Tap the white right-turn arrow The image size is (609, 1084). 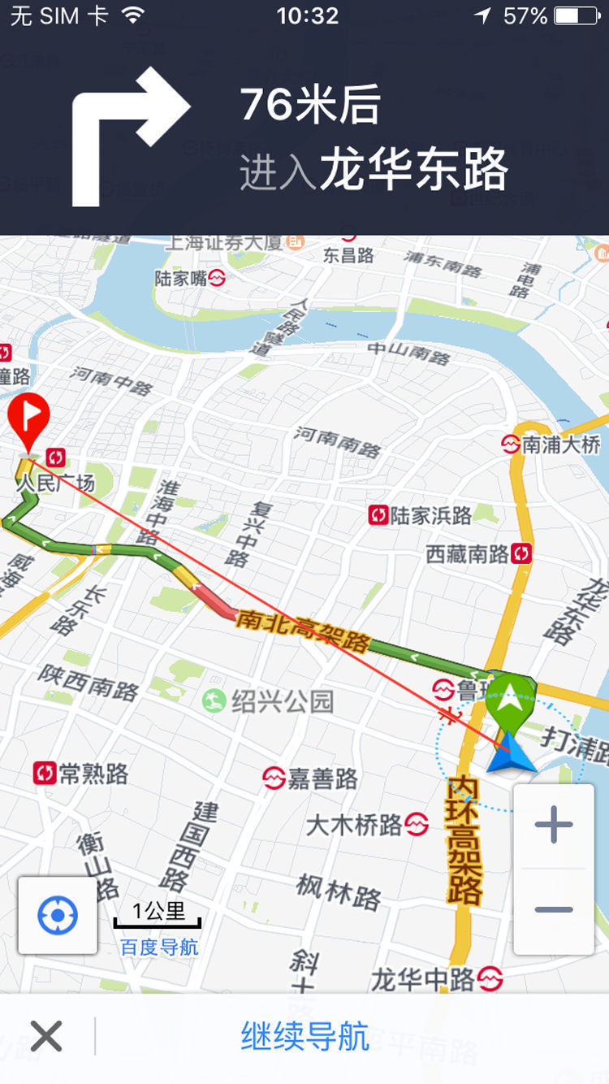tap(130, 134)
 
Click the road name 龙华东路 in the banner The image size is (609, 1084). tap(414, 170)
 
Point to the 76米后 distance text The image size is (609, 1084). tap(310, 105)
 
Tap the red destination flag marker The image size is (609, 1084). tap(28, 419)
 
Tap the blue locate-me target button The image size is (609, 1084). tap(58, 916)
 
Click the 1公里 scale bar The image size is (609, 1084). tap(158, 913)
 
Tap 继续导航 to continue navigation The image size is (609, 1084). tap(304, 1037)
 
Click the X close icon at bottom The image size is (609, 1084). tap(46, 1036)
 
